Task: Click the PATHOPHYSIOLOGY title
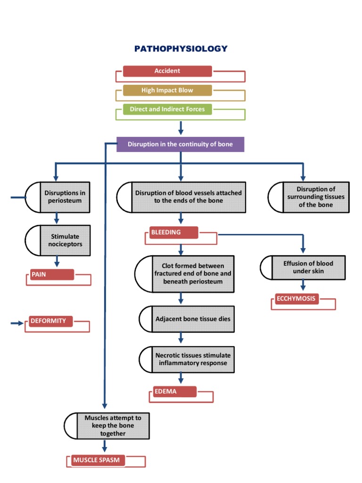[181, 49]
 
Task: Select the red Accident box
[167, 71]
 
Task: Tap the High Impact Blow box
[167, 90]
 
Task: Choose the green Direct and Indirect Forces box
[167, 109]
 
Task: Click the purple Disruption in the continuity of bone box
[180, 144]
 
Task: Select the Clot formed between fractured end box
[192, 274]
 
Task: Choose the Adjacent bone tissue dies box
[192, 319]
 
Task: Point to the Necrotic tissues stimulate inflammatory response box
[192, 359]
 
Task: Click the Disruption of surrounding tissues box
[315, 197]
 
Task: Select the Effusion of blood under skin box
[308, 267]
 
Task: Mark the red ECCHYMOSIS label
[296, 299]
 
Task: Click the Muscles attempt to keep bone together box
[112, 425]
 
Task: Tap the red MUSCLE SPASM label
[98, 460]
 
